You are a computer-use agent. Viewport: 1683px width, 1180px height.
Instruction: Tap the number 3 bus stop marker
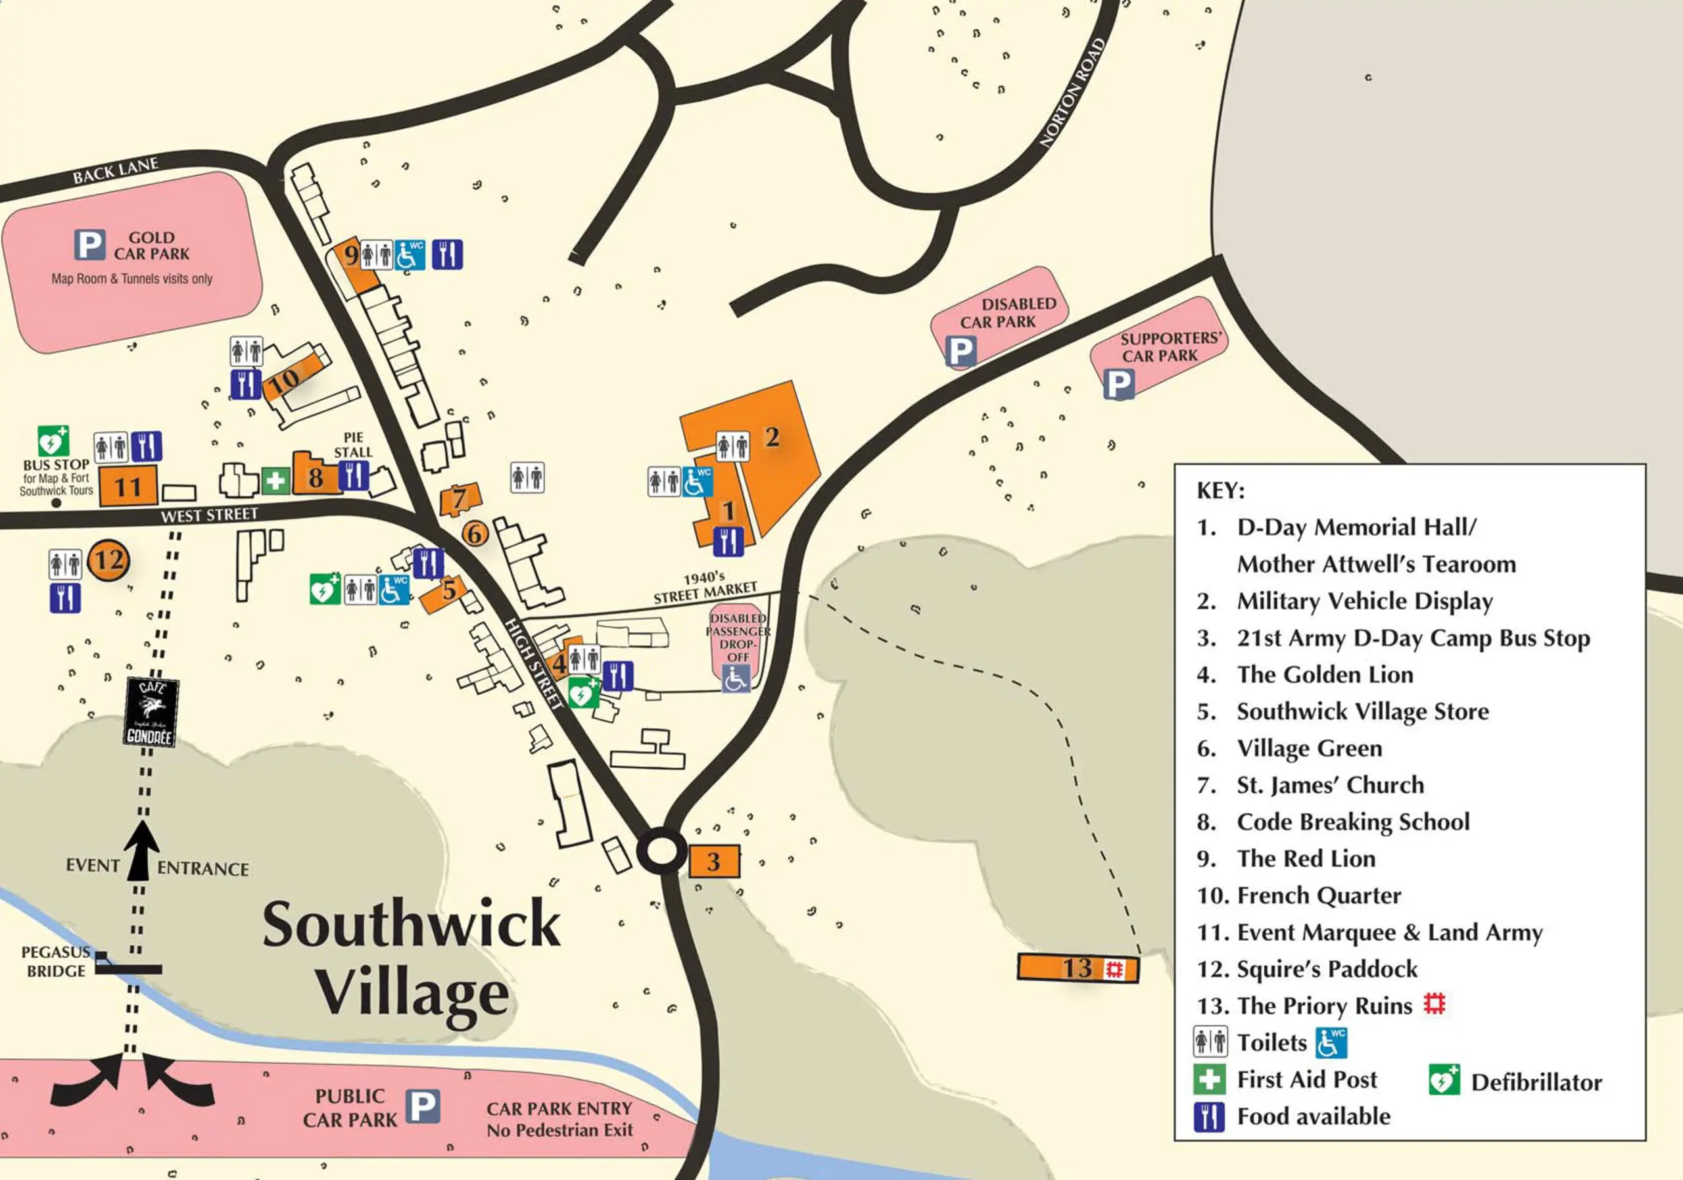pos(714,861)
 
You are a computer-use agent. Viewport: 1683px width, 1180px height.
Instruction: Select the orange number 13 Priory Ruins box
pos(1078,968)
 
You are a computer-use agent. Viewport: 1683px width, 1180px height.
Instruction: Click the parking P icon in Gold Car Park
pos(90,245)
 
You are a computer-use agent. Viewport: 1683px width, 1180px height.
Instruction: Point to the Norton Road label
pos(1072,93)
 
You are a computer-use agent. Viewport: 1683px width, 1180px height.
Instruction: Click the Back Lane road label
pos(115,170)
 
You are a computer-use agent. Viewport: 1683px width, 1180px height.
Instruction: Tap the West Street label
pos(210,515)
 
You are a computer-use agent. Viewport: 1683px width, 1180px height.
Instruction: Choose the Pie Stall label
pos(353,445)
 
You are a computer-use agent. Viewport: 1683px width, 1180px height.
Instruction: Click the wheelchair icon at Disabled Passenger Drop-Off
pos(735,678)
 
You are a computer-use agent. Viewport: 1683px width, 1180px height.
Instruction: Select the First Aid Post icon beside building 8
pos(275,481)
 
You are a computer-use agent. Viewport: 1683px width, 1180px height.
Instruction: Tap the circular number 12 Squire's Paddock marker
pos(108,561)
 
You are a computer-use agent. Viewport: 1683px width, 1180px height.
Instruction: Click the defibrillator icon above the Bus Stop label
pos(53,441)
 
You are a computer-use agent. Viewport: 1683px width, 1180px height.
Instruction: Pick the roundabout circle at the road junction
pos(661,851)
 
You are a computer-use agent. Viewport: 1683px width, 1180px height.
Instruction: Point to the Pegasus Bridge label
pos(56,962)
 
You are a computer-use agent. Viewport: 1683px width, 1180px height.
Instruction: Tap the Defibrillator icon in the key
pos(1443,1080)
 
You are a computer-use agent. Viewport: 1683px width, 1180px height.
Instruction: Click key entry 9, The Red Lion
pos(1306,859)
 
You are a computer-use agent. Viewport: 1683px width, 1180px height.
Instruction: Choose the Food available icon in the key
pos(1209,1117)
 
